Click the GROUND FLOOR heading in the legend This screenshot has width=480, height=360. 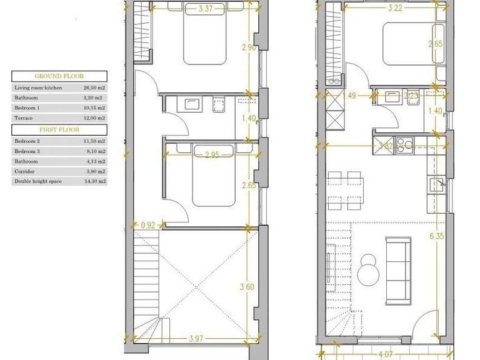(x=59, y=76)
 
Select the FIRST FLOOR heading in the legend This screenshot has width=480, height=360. (x=59, y=129)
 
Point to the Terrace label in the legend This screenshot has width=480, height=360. (x=24, y=118)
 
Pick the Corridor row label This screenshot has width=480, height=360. (x=25, y=171)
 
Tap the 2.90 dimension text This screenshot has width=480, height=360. (x=249, y=47)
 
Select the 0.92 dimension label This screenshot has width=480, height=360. (x=148, y=225)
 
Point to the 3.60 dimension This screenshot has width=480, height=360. (x=248, y=287)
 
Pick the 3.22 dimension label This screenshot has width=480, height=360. (x=395, y=8)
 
